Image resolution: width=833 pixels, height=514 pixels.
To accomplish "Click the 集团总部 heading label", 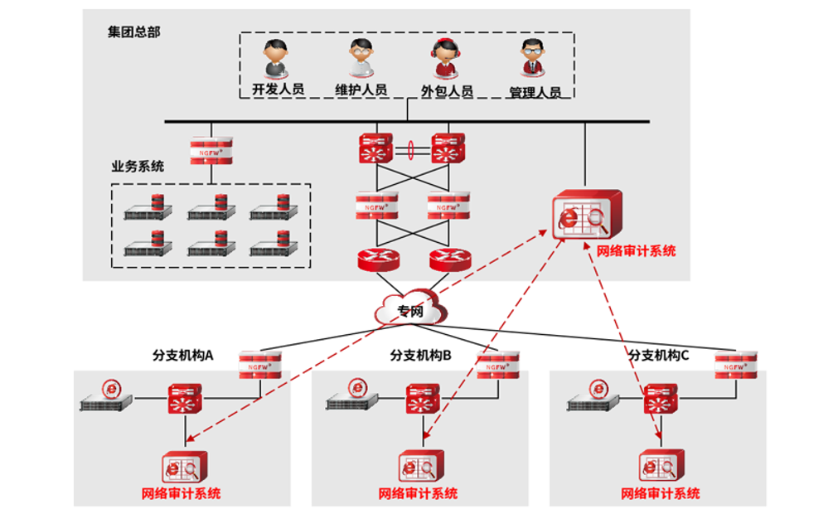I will click(x=133, y=32).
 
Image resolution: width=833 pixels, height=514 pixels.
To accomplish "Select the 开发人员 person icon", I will click(x=276, y=57).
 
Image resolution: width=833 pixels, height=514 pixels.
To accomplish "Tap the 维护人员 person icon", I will click(x=361, y=57).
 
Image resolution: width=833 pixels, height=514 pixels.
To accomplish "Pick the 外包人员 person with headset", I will click(x=445, y=57).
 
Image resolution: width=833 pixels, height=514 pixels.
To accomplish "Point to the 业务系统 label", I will click(x=138, y=166).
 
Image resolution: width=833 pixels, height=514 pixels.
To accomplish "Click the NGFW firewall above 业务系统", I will click(x=211, y=149).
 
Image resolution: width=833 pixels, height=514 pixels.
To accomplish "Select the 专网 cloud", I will click(x=409, y=312).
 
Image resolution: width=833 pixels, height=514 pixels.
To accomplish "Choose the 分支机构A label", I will click(x=183, y=355).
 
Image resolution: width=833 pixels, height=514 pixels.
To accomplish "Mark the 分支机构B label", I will click(x=421, y=355).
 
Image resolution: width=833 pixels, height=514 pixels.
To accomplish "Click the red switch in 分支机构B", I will click(x=423, y=399).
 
